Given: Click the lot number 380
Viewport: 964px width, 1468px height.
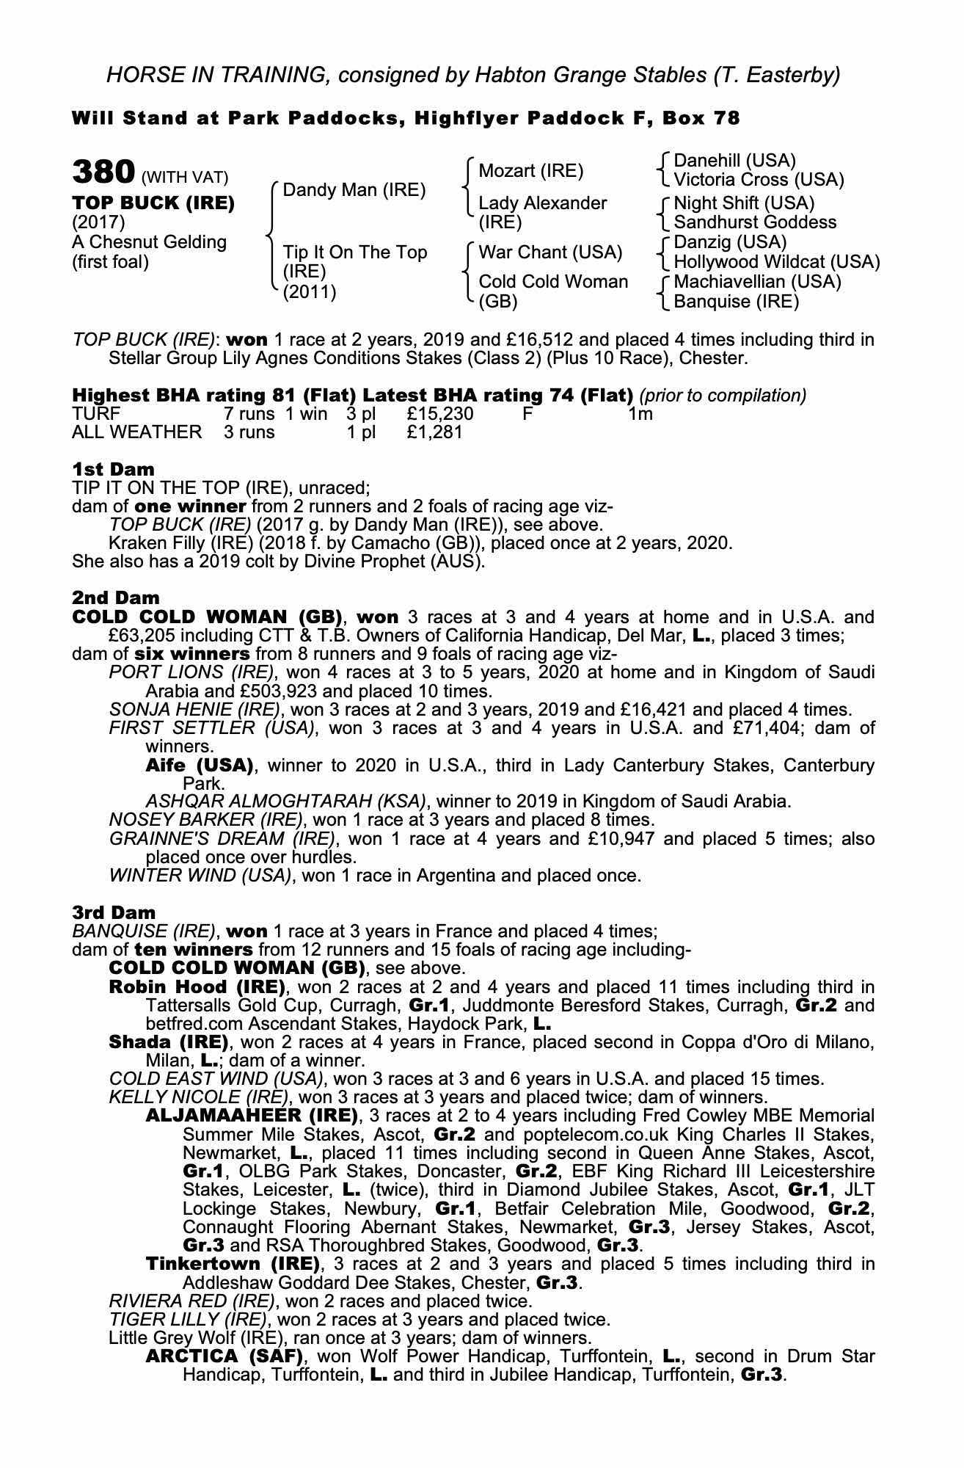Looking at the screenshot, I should pos(103,172).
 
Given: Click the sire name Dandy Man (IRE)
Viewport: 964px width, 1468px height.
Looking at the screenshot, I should pos(354,190).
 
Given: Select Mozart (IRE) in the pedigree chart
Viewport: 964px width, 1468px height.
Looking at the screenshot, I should pos(531,171).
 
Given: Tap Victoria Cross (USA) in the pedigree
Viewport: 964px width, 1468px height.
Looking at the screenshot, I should pos(759,180).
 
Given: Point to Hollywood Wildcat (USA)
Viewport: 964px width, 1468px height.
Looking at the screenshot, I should pos(777,262).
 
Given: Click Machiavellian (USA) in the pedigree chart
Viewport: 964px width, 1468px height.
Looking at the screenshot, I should pos(757,282).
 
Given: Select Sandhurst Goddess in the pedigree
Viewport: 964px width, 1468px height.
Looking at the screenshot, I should pos(755,222).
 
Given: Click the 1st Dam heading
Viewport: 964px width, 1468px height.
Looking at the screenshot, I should pos(114,469).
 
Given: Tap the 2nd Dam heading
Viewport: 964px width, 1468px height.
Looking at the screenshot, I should pos(116,597).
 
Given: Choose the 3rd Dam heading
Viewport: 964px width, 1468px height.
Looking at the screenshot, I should pos(114,912).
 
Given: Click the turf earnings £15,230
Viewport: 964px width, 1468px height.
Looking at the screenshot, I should pos(440,414).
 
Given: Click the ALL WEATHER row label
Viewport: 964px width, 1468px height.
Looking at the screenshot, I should pos(136,432).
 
